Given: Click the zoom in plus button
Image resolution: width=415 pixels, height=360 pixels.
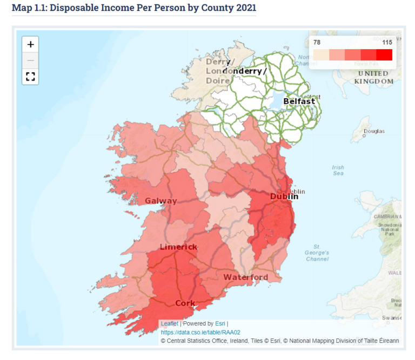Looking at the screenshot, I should click(30, 44).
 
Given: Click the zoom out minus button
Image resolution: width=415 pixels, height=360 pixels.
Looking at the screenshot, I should click(30, 60).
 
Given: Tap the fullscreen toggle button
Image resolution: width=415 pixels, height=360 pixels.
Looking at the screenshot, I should click(30, 76).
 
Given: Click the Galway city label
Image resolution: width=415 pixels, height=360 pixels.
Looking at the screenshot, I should click(160, 201).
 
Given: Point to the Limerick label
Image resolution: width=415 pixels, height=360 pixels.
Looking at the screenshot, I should click(178, 247).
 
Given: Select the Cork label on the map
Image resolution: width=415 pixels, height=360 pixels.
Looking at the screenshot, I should click(185, 303).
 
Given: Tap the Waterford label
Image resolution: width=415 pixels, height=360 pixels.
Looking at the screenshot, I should click(245, 277).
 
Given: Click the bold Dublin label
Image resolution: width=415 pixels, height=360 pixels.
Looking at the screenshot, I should click(284, 196).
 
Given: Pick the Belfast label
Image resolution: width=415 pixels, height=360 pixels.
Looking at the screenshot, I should click(299, 101).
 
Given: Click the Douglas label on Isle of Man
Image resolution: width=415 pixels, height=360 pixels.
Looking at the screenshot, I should click(374, 131).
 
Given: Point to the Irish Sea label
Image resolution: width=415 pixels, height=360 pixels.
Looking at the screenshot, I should click(338, 171).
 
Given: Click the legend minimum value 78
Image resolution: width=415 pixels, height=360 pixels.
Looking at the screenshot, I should click(318, 42).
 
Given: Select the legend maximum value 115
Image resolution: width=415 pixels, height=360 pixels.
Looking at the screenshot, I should click(386, 42).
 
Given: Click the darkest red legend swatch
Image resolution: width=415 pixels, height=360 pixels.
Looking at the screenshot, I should click(384, 55).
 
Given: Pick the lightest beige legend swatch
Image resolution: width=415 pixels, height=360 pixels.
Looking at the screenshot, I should click(321, 55).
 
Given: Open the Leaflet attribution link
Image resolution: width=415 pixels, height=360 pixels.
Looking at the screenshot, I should click(169, 323).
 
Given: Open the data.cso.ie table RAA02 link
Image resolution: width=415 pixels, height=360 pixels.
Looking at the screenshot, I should click(200, 332).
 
